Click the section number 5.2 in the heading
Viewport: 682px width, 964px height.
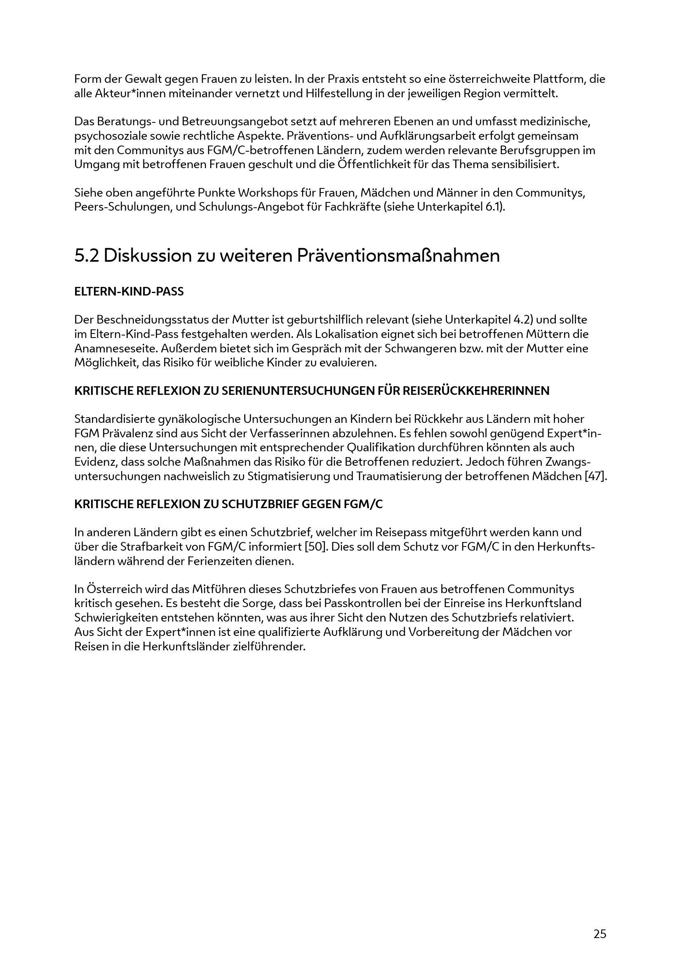tap(87, 256)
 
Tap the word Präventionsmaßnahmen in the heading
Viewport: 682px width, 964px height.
tap(399, 256)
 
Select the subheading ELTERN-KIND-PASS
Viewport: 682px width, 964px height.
tap(129, 292)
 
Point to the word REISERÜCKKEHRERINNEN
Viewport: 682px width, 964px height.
tap(476, 391)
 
